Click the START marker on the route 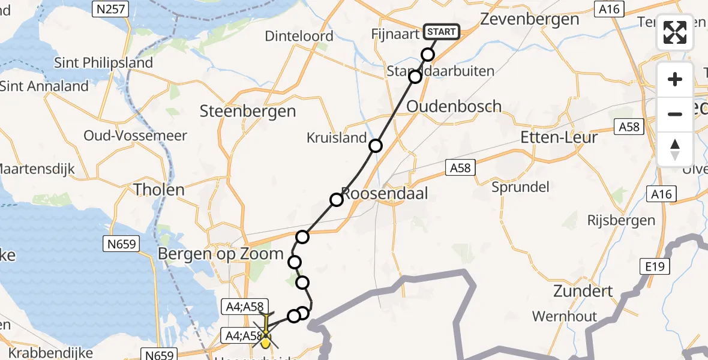click(441, 32)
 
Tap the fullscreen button click(675, 32)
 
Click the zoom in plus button click(675, 79)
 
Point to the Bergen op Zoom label click(220, 254)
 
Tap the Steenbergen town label click(248, 111)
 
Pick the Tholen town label click(159, 190)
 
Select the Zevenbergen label click(529, 19)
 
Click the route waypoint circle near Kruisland click(376, 146)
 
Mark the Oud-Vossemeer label click(136, 136)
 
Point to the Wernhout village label click(564, 316)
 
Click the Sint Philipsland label click(103, 62)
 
